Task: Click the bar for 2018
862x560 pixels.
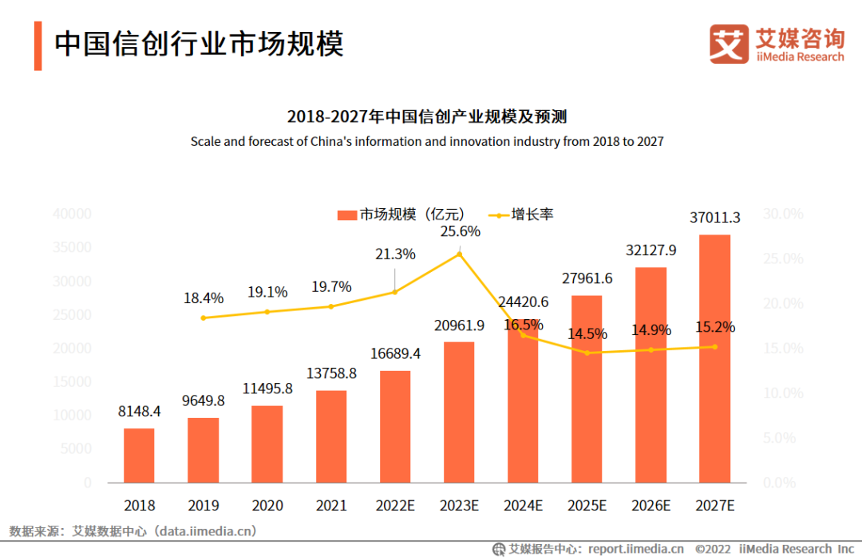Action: (139, 455)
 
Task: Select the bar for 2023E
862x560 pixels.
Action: (458, 412)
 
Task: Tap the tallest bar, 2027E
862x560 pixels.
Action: (714, 359)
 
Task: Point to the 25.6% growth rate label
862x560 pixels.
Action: (460, 231)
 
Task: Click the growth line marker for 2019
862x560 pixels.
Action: (203, 317)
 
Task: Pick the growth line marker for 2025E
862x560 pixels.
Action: (587, 353)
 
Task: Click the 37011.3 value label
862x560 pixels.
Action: (716, 217)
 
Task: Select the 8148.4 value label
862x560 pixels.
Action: (140, 412)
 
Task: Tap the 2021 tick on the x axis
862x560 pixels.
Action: (330, 505)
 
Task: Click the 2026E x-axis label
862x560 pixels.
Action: (650, 505)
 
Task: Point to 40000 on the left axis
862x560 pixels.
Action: (72, 214)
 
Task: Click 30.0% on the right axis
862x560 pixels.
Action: (783, 214)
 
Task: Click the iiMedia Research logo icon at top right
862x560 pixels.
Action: (729, 45)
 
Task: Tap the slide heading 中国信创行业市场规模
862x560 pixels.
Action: (199, 44)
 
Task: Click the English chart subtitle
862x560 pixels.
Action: (427, 141)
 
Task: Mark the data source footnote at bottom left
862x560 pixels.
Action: (132, 530)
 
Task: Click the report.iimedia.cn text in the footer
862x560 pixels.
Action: (635, 549)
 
